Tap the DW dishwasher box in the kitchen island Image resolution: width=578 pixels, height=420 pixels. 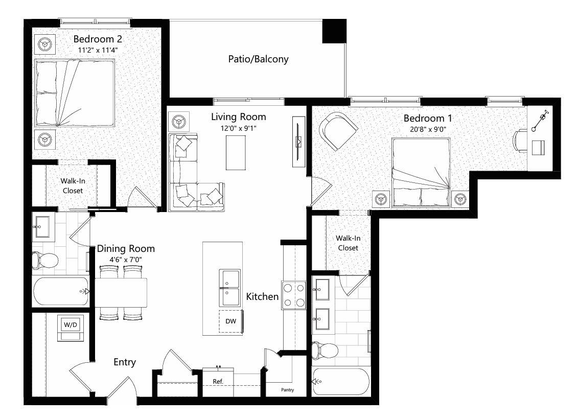[230, 322]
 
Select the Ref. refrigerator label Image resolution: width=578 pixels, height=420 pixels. [218, 382]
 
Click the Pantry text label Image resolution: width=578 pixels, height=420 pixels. [287, 390]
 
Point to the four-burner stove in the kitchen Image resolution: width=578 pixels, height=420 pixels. [293, 295]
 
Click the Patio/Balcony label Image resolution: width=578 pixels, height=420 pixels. [258, 59]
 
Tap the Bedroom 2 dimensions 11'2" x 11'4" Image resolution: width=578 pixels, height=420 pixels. [98, 50]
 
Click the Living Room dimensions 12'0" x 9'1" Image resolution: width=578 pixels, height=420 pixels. [238, 128]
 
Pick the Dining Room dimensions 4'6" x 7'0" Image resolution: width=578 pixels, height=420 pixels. [126, 260]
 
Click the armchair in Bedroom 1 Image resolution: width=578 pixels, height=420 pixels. [338, 130]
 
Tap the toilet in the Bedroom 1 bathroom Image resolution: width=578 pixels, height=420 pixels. [326, 351]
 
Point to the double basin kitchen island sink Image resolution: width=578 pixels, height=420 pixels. [230, 287]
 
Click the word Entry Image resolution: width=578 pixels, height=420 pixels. [125, 362]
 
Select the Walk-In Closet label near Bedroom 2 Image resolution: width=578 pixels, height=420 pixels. [73, 185]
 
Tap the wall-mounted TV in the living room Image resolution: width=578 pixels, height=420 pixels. [299, 142]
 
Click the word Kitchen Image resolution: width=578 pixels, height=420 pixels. [262, 296]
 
